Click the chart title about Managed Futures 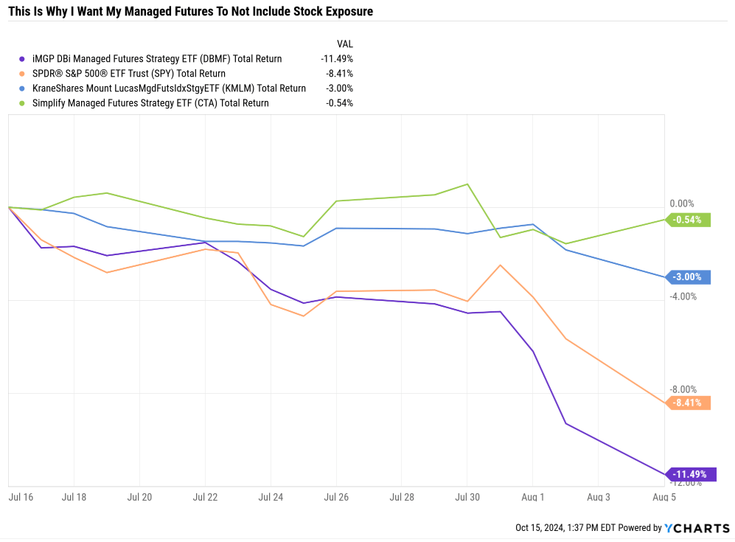191,11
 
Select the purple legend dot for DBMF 21,59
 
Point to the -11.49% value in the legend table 337,59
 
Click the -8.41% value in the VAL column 339,74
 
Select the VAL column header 344,44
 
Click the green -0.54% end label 689,219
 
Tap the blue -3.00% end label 689,277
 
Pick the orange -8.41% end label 689,403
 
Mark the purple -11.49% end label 691,474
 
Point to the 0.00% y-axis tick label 682,204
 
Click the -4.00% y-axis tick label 682,296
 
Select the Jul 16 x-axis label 20,498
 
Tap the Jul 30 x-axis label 467,498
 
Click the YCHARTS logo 696,528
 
